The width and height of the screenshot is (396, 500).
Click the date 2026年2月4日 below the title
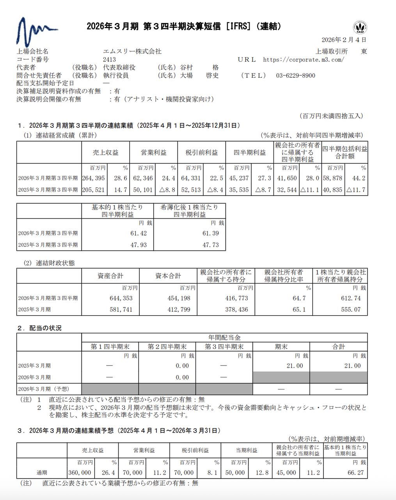pyautogui.click(x=344, y=40)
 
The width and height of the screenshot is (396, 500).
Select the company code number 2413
pyautogui.click(x=109, y=59)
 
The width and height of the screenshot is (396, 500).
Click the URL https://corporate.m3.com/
pyautogui.click(x=304, y=59)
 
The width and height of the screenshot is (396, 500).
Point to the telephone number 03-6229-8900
pyautogui.click(x=295, y=75)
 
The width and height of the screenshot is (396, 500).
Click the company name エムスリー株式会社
pyautogui.click(x=132, y=52)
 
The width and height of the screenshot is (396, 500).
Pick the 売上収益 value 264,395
pyautogui.click(x=94, y=178)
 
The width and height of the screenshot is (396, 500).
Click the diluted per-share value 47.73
pyautogui.click(x=211, y=245)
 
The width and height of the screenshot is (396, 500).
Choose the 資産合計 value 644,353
pyautogui.click(x=121, y=298)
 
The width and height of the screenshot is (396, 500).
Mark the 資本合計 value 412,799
pyautogui.click(x=179, y=309)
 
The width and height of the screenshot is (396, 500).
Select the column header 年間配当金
pyautogui.click(x=224, y=337)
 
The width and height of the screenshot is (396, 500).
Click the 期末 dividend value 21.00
pyautogui.click(x=295, y=366)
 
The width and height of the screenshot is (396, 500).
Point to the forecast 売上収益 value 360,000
pyautogui.click(x=80, y=473)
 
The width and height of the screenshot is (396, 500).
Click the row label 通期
pyautogui.click(x=42, y=473)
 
